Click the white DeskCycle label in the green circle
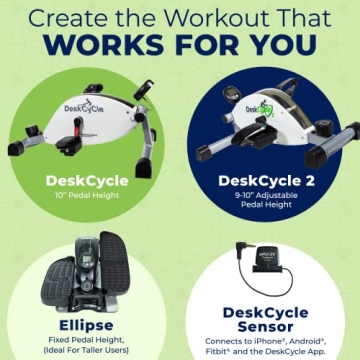[85, 181]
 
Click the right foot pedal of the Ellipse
[115, 255]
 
